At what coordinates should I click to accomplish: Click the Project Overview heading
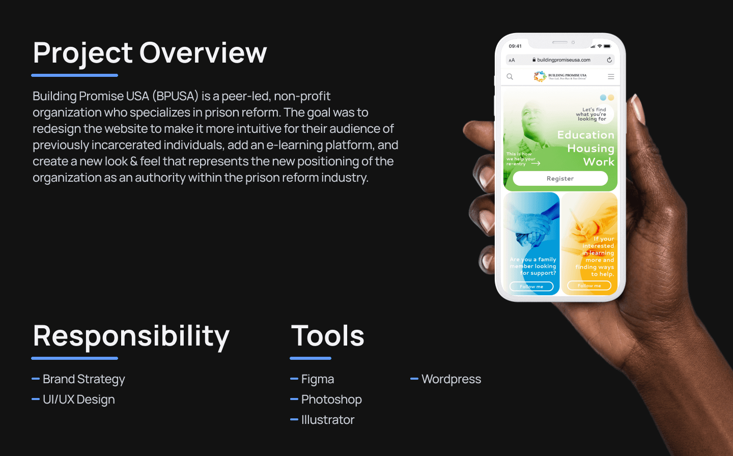tap(150, 53)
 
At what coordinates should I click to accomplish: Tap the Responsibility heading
tap(131, 336)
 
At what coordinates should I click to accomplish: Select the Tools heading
tap(328, 336)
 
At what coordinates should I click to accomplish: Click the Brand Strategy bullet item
tap(83, 379)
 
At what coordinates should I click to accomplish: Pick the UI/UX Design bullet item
tap(78, 400)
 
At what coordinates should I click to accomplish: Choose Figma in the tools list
tap(317, 379)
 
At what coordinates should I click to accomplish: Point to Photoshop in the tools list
tap(331, 400)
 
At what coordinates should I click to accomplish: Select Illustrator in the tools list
tap(327, 420)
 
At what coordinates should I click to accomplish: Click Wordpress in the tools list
tap(451, 379)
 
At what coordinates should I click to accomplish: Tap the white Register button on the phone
tap(560, 179)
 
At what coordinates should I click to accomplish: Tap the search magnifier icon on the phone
tap(510, 77)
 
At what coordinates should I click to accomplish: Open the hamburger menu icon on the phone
tap(611, 77)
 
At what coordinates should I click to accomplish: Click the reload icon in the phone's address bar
tap(609, 60)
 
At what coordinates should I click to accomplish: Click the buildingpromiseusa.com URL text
tap(563, 60)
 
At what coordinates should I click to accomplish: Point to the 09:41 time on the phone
tap(515, 46)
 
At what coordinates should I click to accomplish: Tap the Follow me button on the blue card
tap(531, 287)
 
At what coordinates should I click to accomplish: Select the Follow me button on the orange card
tap(589, 286)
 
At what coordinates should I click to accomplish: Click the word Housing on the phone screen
tap(590, 149)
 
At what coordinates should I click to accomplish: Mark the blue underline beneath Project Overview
tap(75, 75)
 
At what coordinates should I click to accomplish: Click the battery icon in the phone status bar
tap(607, 46)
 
